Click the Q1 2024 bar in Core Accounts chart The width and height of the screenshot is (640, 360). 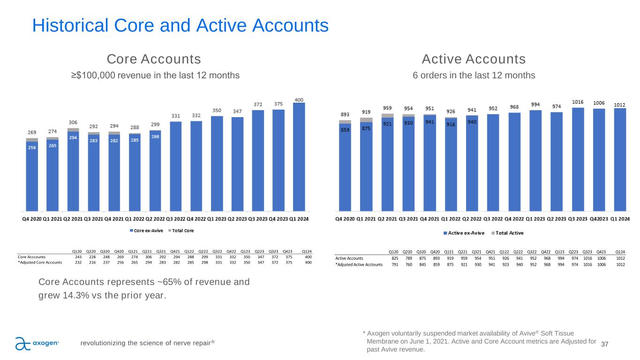[x=299, y=157]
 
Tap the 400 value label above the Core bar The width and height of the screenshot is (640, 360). [x=299, y=99]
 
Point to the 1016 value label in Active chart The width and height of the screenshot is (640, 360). [x=578, y=102]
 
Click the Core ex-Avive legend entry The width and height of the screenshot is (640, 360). [x=145, y=231]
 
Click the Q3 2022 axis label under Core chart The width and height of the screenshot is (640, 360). [x=175, y=219]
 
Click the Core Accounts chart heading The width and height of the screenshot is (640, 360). [x=154, y=60]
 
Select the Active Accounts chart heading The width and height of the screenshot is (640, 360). [x=474, y=60]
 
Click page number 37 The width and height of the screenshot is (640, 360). [x=604, y=345]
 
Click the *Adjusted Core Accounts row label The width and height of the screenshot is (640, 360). [x=40, y=262]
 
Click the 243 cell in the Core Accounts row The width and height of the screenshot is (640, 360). [x=78, y=257]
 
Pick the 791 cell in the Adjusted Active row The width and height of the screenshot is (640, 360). [x=395, y=264]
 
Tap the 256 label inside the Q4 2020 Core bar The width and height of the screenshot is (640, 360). [x=32, y=148]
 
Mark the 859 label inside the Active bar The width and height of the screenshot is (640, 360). [x=345, y=131]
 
